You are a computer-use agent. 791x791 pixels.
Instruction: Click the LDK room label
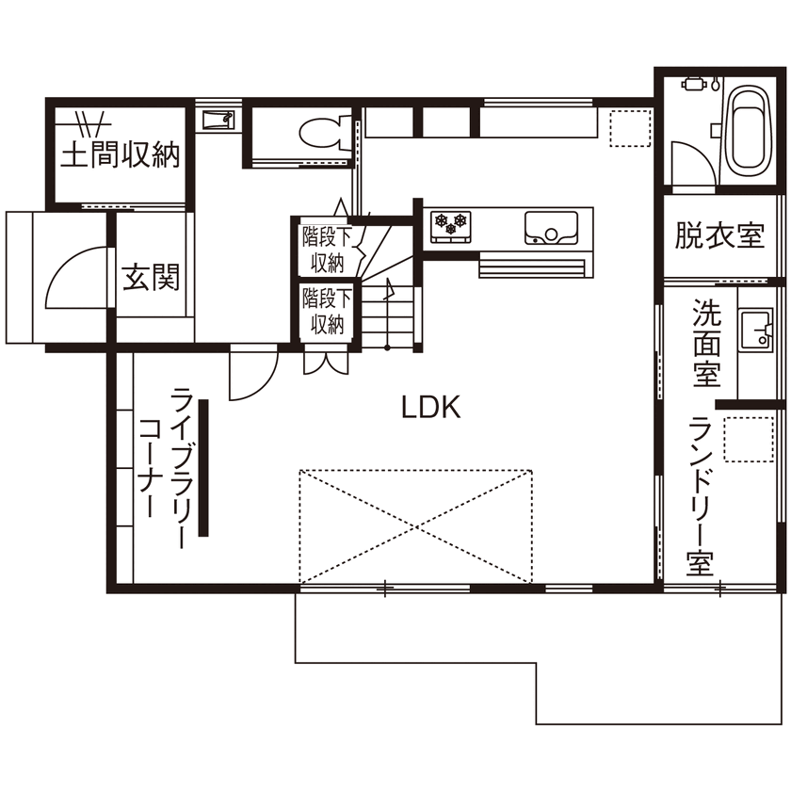pos(430,408)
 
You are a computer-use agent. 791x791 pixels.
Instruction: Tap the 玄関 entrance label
pos(150,279)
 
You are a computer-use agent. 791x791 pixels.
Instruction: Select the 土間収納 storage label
pos(120,155)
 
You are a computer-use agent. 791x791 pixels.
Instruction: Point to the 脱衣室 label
pos(718,235)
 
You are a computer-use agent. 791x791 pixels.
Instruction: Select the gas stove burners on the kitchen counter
pos(449,225)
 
